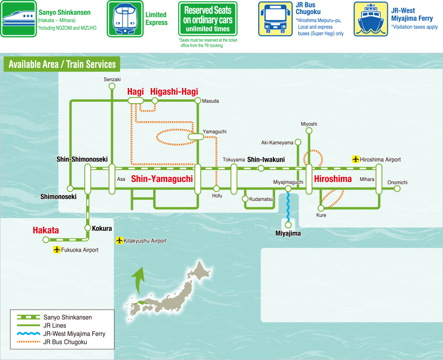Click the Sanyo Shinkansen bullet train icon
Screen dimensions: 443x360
pyautogui.click(x=18, y=19)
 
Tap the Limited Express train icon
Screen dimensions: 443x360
pyautogui.click(x=125, y=19)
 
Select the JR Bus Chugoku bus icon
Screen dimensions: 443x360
pyautogui.click(x=276, y=19)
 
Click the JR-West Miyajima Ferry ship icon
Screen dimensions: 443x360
pyautogui.click(x=371, y=19)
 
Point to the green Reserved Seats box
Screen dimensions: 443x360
pyautogui.click(x=208, y=19)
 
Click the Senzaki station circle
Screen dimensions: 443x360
pyautogui.click(x=112, y=86)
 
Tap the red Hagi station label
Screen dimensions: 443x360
pyautogui.click(x=135, y=91)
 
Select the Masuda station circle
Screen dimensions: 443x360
pyautogui.click(x=198, y=100)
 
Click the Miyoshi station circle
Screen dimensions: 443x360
pyautogui.click(x=309, y=131)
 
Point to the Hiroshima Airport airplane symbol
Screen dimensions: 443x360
pyautogui.click(x=356, y=159)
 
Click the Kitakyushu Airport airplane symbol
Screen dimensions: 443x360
pyautogui.click(x=120, y=240)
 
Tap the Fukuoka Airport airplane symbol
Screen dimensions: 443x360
pyautogui.click(x=57, y=250)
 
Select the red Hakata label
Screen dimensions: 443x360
pyautogui.click(x=46, y=230)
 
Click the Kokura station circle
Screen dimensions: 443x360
pyautogui.click(x=88, y=228)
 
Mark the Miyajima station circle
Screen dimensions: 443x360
pyautogui.click(x=288, y=225)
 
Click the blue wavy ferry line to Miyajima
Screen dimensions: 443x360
pyautogui.click(x=288, y=207)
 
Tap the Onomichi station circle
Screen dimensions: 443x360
pyautogui.click(x=397, y=188)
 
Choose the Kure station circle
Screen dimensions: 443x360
pyautogui.click(x=320, y=208)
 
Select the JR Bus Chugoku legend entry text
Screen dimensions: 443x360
pyautogui.click(x=65, y=342)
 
